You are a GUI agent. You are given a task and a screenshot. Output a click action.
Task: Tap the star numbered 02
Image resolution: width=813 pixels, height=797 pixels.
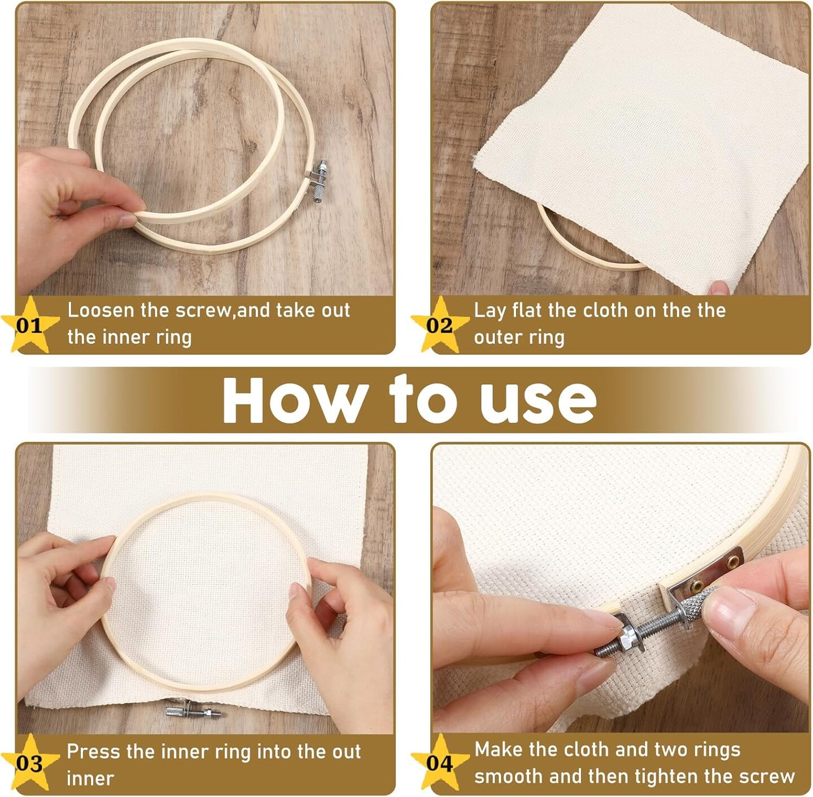coord(440,325)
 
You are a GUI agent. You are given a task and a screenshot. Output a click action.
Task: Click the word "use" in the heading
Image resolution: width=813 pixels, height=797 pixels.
coord(539,404)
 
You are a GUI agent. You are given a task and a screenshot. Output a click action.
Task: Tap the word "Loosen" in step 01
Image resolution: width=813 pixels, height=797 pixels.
coord(100,310)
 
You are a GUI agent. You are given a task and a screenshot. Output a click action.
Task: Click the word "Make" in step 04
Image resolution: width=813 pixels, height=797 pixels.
coord(499,749)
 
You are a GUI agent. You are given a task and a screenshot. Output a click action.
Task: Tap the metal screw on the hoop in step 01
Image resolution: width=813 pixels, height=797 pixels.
coord(318,181)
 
